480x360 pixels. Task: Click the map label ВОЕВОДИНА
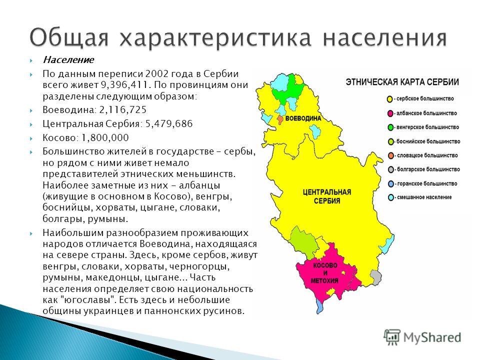click(303, 119)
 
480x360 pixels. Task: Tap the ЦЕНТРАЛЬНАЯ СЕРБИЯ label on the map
click(327, 196)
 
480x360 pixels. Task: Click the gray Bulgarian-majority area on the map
click(375, 277)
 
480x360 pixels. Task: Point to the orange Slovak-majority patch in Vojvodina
click(280, 119)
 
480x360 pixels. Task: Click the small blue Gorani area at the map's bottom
click(319, 305)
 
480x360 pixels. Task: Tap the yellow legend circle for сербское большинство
click(389, 99)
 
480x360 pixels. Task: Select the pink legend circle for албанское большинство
click(390, 113)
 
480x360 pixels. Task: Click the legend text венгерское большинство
click(427, 127)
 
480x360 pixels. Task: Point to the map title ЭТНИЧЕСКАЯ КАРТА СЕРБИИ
click(402, 82)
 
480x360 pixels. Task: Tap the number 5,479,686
click(169, 123)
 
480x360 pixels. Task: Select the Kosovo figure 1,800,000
click(105, 138)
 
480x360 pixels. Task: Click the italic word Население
click(68, 59)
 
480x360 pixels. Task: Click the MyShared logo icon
click(392, 337)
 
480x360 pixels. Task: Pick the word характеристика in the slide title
click(216, 38)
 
